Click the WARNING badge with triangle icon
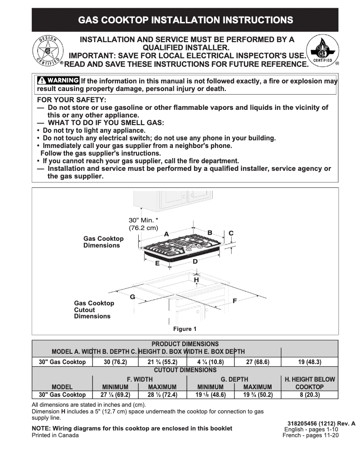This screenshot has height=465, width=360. click(58, 81)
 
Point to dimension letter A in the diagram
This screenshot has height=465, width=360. click(166, 234)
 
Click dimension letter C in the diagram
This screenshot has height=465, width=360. click(231, 233)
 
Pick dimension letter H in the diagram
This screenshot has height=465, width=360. click(196, 280)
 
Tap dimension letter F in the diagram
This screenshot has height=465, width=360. click(235, 301)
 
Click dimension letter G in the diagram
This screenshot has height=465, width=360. click(132, 297)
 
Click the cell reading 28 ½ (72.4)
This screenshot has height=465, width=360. click(162, 395)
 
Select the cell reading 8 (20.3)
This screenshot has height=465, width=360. click(309, 395)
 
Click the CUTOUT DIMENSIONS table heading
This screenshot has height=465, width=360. click(185, 370)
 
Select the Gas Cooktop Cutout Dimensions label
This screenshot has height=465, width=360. click(94, 310)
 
